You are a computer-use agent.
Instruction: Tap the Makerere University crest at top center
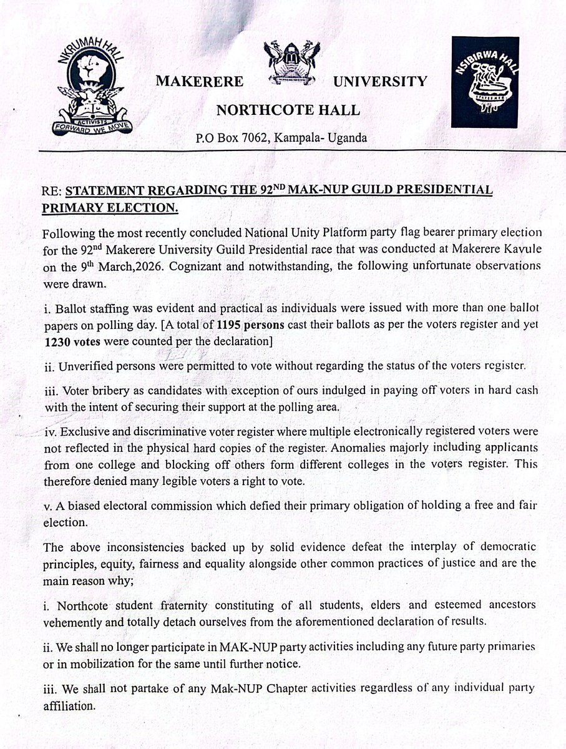coord(291,63)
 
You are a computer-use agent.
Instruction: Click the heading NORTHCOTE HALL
coord(288,110)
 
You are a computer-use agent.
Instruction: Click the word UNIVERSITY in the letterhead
coord(380,81)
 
